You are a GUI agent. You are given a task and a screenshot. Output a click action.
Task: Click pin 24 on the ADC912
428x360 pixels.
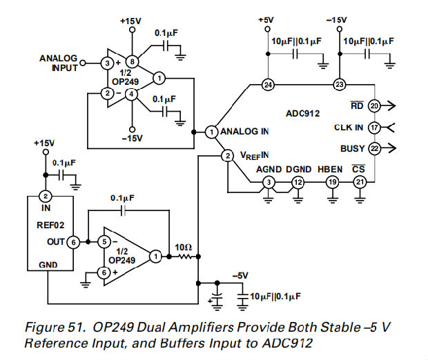(268, 85)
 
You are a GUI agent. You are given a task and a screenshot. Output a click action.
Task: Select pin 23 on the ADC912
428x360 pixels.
(339, 85)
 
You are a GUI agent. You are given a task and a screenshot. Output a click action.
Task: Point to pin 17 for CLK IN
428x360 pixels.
(374, 127)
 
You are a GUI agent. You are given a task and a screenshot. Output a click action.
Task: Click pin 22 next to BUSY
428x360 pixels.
(374, 148)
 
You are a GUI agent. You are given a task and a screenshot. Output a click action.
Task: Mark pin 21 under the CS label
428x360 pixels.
(360, 182)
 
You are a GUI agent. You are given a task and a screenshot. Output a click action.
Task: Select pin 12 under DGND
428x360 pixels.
(298, 182)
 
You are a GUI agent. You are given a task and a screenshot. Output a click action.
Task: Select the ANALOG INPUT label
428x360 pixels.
(58, 63)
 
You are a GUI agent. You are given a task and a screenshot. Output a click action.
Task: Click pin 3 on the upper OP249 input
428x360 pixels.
(107, 63)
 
